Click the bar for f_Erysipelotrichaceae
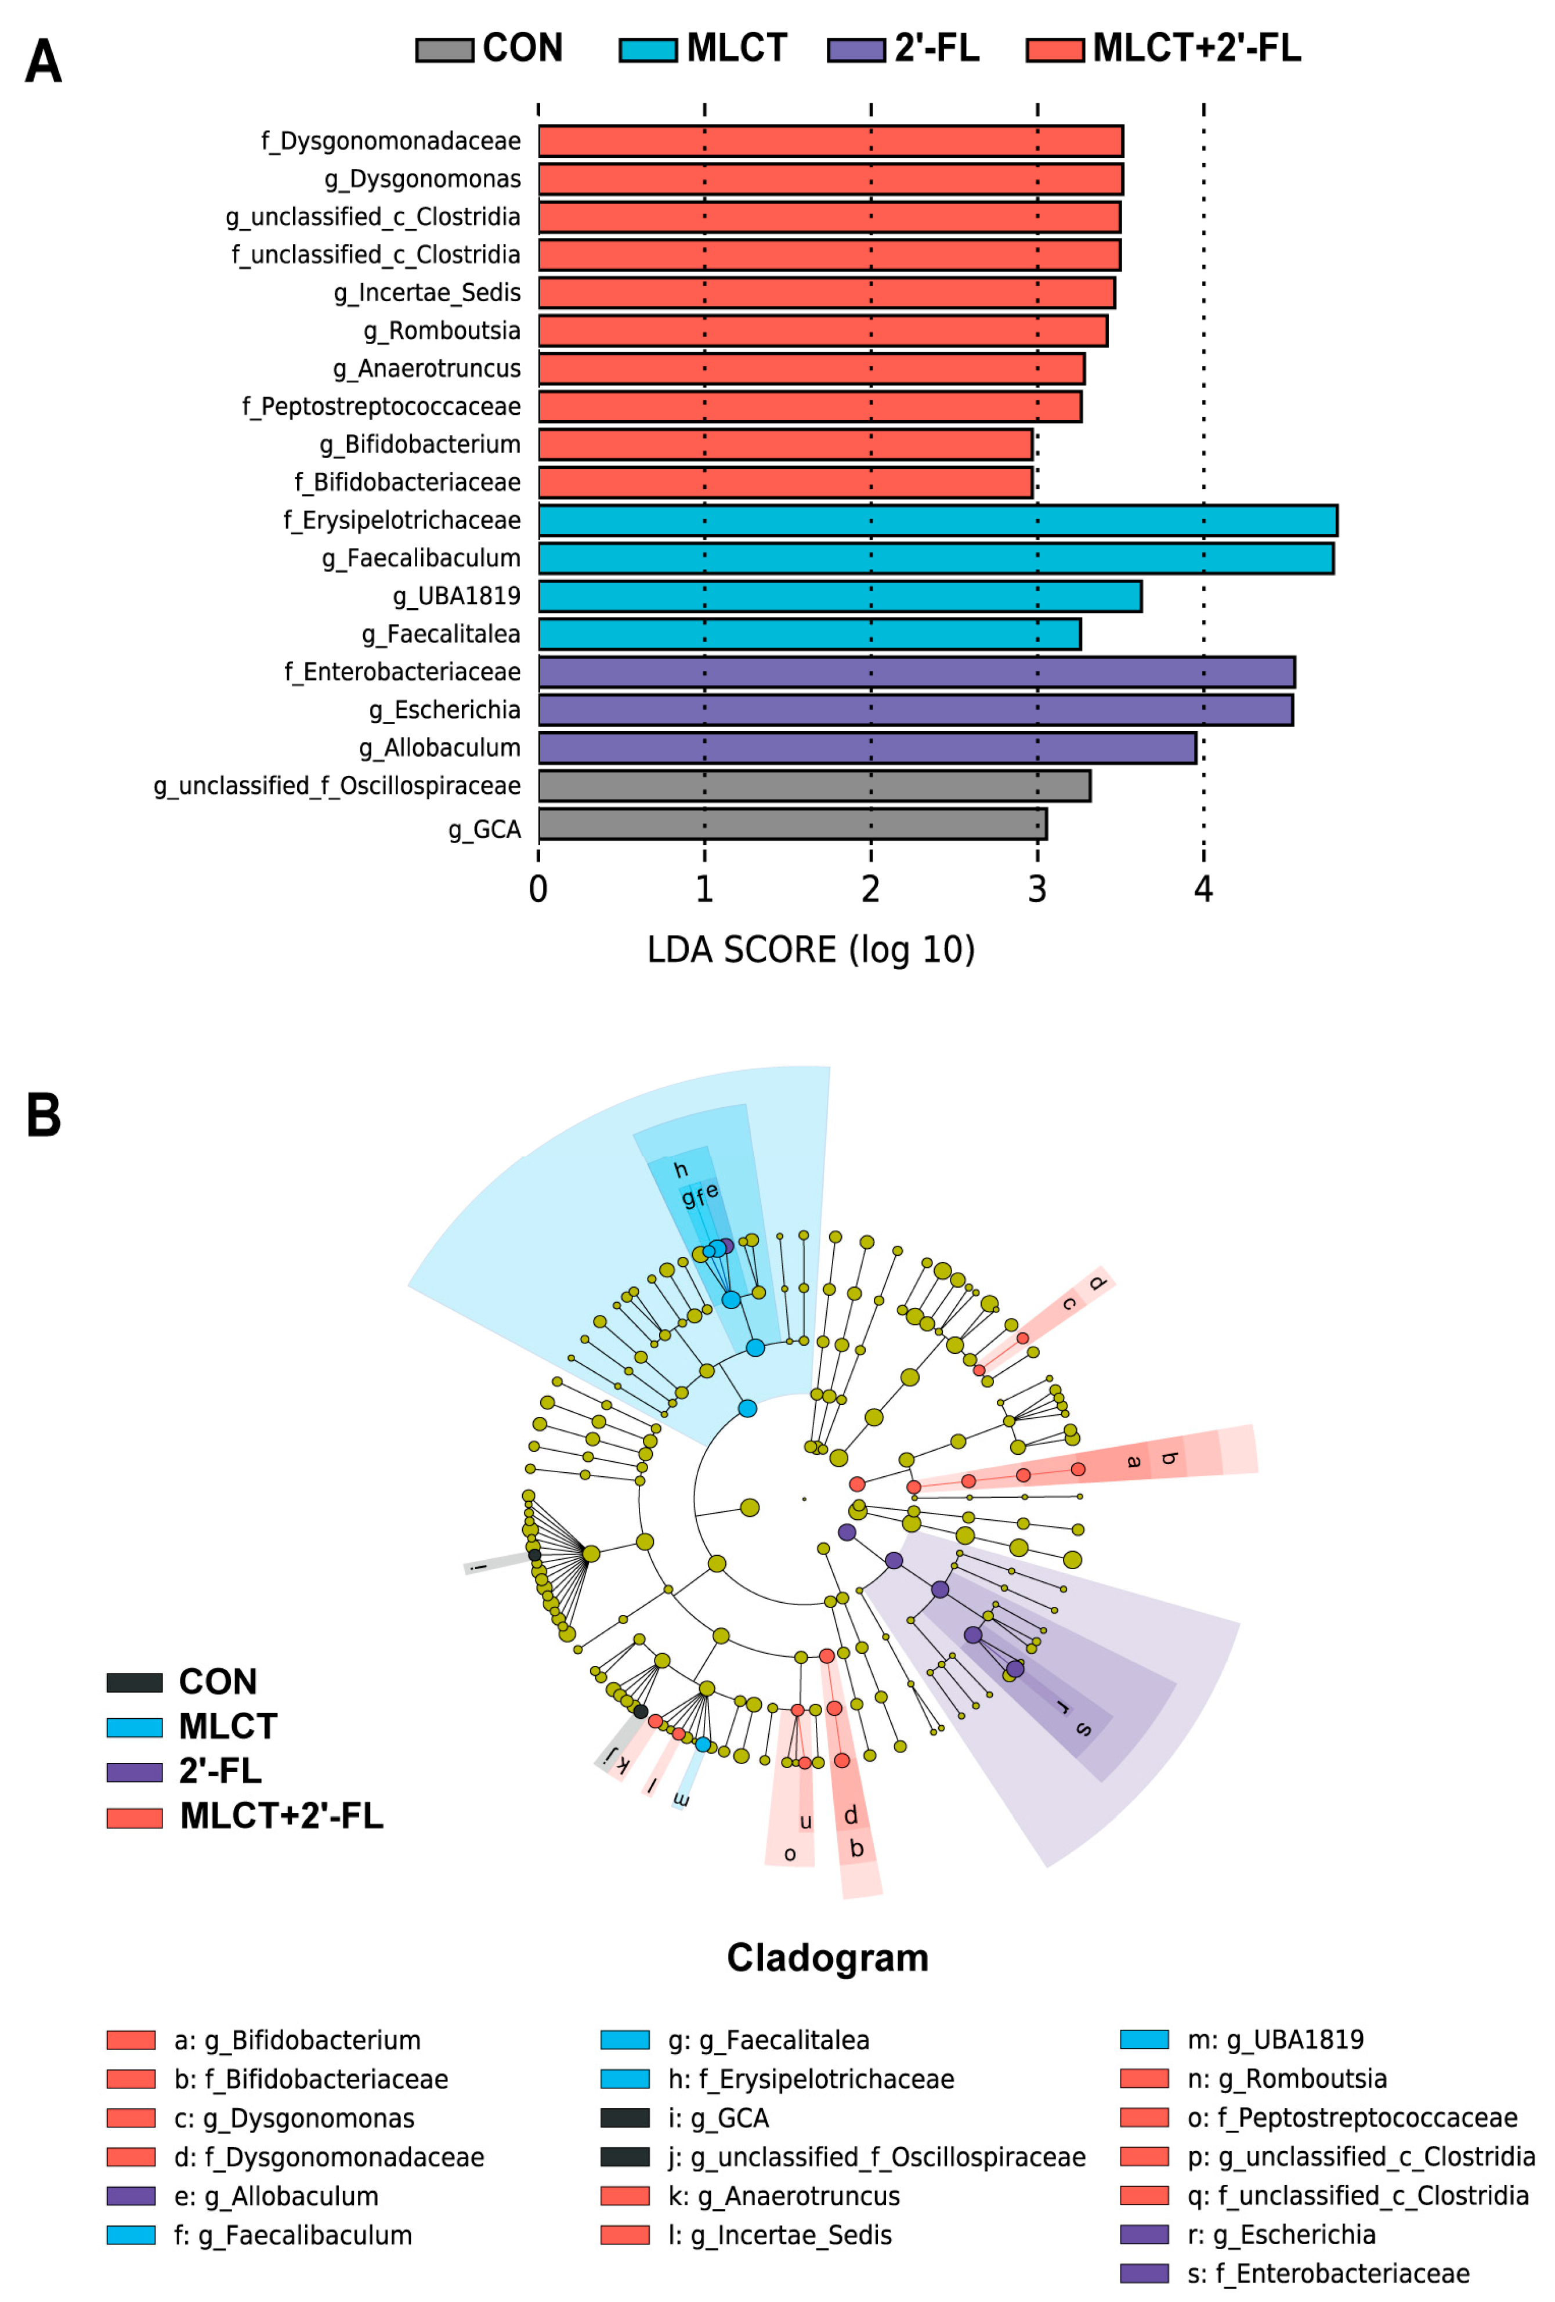pyautogui.click(x=937, y=520)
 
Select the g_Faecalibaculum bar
pyautogui.click(x=935, y=558)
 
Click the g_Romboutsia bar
pyautogui.click(x=822, y=331)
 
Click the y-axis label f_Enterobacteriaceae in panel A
pyautogui.click(x=402, y=671)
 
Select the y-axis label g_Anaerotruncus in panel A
pyautogui.click(x=426, y=368)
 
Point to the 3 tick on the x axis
pyautogui.click(x=1037, y=888)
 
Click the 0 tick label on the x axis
pyautogui.click(x=538, y=888)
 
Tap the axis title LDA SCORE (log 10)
pyautogui.click(x=810, y=949)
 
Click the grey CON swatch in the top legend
pyautogui.click(x=444, y=49)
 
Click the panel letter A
pyautogui.click(x=44, y=62)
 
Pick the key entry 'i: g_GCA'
pyautogui.click(x=718, y=2118)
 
